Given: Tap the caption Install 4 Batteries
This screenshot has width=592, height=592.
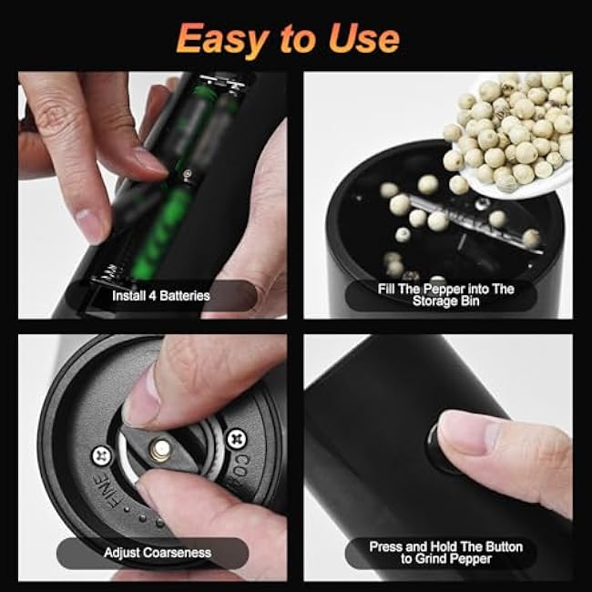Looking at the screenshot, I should [160, 295].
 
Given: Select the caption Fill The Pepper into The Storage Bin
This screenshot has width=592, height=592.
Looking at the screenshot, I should [445, 295].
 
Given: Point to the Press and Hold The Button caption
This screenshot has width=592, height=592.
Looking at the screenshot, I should [445, 546].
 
